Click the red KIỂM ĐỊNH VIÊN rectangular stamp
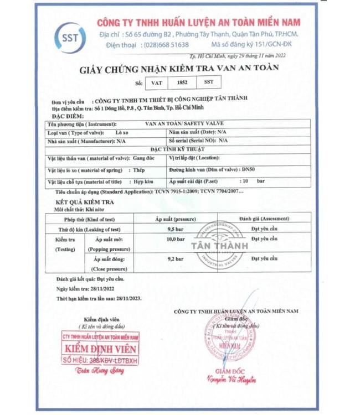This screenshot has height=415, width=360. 101,349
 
